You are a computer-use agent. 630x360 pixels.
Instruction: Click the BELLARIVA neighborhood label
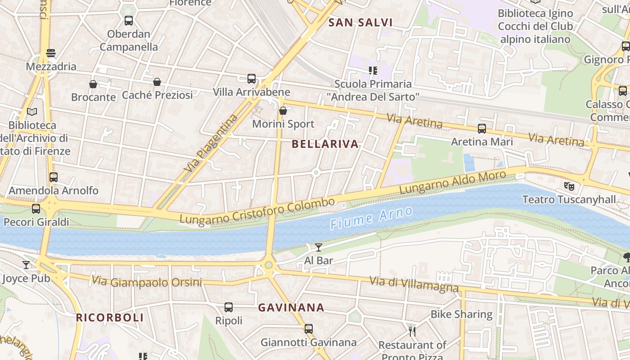(x=325, y=144)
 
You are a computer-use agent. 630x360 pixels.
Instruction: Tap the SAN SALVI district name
(x=360, y=22)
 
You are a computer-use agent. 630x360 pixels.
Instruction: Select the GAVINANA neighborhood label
(x=291, y=308)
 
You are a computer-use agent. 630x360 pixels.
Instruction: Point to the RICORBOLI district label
(x=110, y=317)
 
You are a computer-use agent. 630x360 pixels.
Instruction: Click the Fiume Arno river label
(x=371, y=217)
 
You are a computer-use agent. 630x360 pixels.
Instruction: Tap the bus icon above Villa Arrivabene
(x=252, y=79)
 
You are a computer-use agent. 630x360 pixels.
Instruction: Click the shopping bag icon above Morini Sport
(x=283, y=111)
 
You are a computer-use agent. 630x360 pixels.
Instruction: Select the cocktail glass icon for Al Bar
(x=319, y=247)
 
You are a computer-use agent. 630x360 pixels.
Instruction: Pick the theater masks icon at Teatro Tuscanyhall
(x=569, y=185)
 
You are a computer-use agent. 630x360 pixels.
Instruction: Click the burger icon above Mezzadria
(x=51, y=53)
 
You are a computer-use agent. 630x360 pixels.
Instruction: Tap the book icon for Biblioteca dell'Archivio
(x=32, y=112)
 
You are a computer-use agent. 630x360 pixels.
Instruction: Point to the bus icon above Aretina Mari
(x=482, y=129)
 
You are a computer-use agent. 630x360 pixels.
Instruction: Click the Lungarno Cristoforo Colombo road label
(x=257, y=210)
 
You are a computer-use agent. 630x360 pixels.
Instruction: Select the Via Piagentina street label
(x=211, y=144)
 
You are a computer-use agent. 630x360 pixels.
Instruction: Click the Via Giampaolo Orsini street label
(x=147, y=282)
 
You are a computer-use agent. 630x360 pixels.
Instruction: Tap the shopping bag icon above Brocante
(x=93, y=84)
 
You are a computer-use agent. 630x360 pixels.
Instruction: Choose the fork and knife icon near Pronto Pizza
(x=412, y=332)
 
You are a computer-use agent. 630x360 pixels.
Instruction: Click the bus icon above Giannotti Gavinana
(x=308, y=329)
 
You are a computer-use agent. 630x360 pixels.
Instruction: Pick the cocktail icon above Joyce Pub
(x=26, y=265)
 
